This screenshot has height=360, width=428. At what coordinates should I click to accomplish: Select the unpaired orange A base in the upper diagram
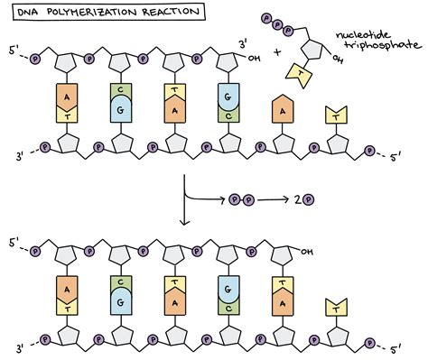(282, 109)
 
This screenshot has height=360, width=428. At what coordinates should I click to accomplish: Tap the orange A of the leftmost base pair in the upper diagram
(68, 98)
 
